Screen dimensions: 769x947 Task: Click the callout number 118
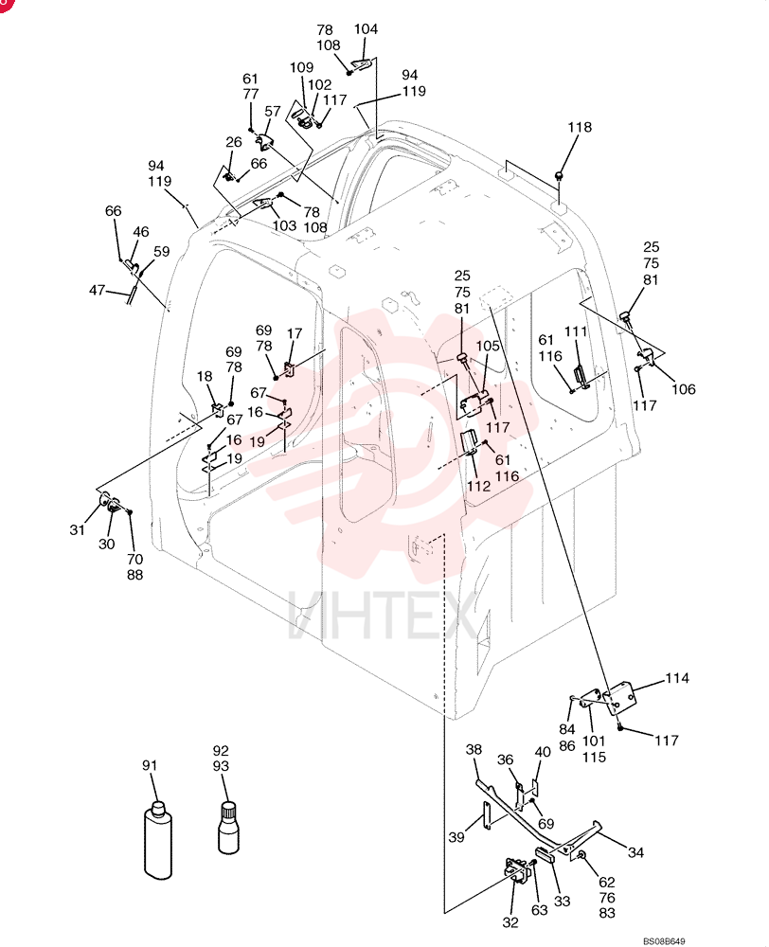580,128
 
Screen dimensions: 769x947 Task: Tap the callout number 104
366,29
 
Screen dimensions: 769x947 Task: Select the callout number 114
676,678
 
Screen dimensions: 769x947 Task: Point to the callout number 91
150,765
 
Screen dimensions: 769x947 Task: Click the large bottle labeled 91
157,839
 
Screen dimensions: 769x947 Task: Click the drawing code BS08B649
664,941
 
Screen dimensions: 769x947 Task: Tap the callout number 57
273,112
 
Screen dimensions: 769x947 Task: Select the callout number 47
98,291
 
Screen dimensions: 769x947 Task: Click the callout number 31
77,529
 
